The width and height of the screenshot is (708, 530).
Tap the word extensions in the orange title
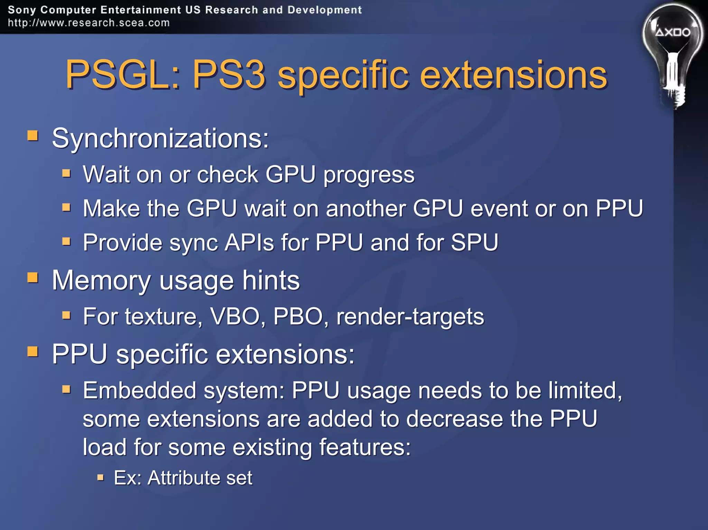point(513,75)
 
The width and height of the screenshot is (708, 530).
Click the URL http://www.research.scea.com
point(89,23)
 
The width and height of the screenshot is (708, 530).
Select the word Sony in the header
point(22,10)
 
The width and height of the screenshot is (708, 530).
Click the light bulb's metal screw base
point(674,97)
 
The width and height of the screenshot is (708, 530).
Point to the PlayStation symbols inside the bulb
point(673,33)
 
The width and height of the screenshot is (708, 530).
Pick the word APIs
point(249,242)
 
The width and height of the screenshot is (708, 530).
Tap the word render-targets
point(410,316)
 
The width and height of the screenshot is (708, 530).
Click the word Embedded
point(140,390)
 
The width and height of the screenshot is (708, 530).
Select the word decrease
point(454,419)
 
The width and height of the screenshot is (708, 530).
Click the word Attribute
point(183,478)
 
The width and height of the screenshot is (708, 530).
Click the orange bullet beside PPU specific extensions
point(33,352)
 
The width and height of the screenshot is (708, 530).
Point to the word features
point(365,447)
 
